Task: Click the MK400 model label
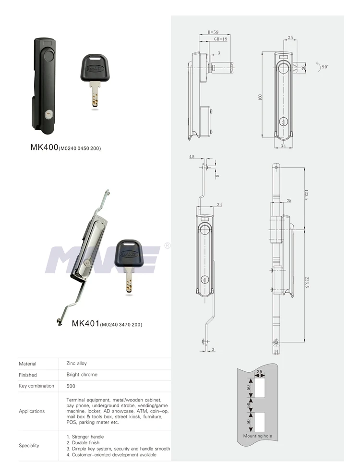tap(44, 148)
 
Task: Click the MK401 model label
tap(85, 324)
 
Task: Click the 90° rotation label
tap(323, 68)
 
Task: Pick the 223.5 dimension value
tap(306, 285)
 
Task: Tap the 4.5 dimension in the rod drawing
tap(192, 157)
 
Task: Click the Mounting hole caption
tap(257, 436)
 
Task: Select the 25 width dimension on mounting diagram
tap(260, 372)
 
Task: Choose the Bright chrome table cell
tap(82, 375)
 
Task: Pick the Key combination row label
tap(36, 386)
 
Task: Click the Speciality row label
tap(29, 445)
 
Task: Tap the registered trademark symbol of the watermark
tap(168, 246)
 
